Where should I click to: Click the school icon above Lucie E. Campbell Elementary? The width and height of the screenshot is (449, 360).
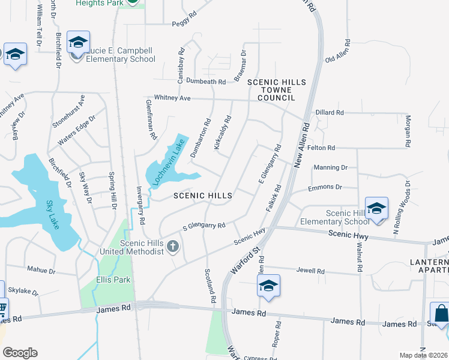[x=78, y=43]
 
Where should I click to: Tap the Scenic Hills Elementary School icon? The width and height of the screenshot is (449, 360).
[x=376, y=209]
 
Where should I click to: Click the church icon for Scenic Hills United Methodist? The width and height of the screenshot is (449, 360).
[x=173, y=246]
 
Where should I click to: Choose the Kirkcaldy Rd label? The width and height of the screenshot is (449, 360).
[x=222, y=133]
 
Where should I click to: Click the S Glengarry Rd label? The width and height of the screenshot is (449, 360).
[x=203, y=227]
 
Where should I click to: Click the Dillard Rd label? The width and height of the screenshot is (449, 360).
[x=329, y=112]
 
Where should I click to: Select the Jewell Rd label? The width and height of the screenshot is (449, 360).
[x=310, y=271]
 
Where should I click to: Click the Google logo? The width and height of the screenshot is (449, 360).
[x=20, y=353]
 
